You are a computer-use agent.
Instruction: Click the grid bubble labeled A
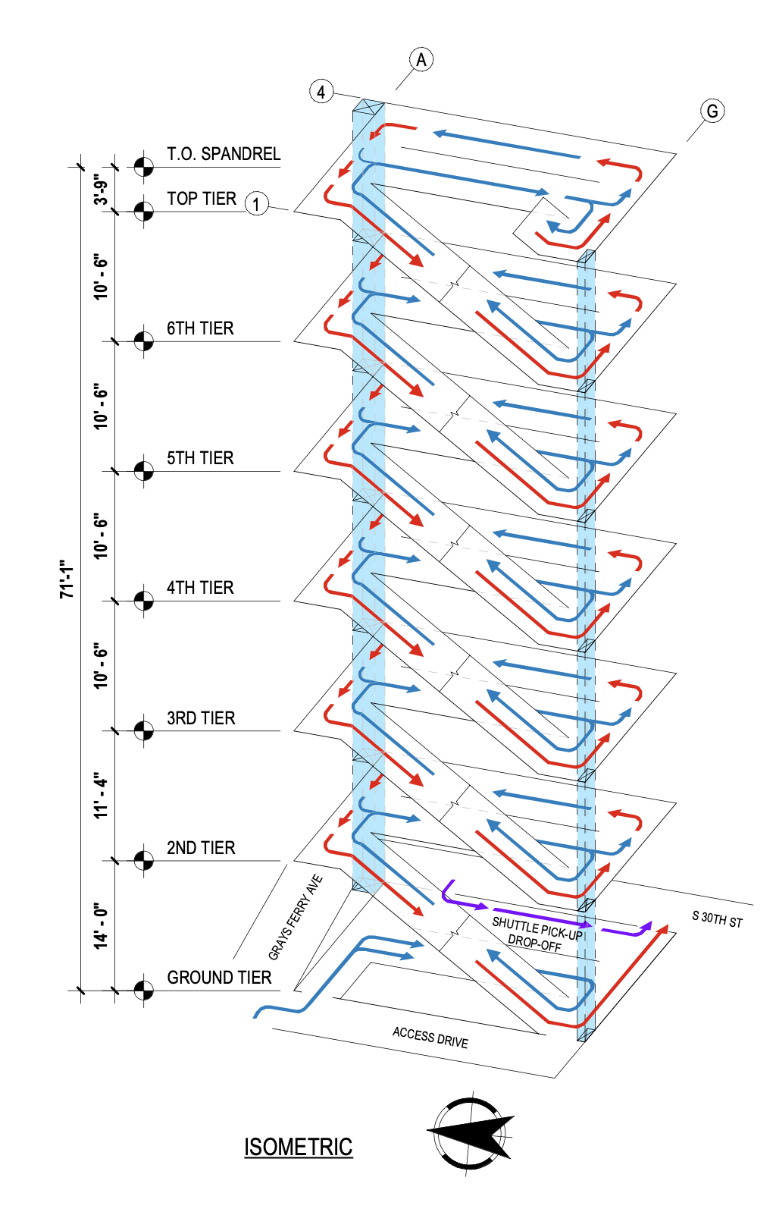tap(421, 59)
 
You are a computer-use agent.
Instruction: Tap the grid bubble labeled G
tap(712, 111)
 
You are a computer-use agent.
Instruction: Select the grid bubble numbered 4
tap(321, 91)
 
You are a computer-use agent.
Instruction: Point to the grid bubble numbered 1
tap(257, 204)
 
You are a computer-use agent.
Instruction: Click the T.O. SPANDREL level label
tap(224, 154)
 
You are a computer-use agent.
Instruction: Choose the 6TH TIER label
tap(200, 328)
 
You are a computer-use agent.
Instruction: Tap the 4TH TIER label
tap(200, 588)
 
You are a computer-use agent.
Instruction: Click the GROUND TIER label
tap(219, 978)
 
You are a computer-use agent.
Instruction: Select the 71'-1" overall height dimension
tap(67, 579)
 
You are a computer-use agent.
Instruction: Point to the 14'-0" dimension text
tap(101, 925)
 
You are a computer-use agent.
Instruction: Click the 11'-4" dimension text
tap(101, 796)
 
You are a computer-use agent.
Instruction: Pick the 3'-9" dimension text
tap(101, 190)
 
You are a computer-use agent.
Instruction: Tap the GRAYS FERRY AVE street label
tap(296, 917)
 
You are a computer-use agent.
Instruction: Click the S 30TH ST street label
tap(717, 919)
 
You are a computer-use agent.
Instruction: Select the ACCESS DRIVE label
tap(430, 1037)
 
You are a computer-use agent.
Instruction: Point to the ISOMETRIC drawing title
tap(298, 1147)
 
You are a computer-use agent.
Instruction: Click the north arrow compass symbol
tap(471, 1134)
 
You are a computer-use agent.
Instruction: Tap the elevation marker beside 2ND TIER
tap(143, 860)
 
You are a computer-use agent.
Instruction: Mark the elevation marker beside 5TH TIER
tap(143, 470)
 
